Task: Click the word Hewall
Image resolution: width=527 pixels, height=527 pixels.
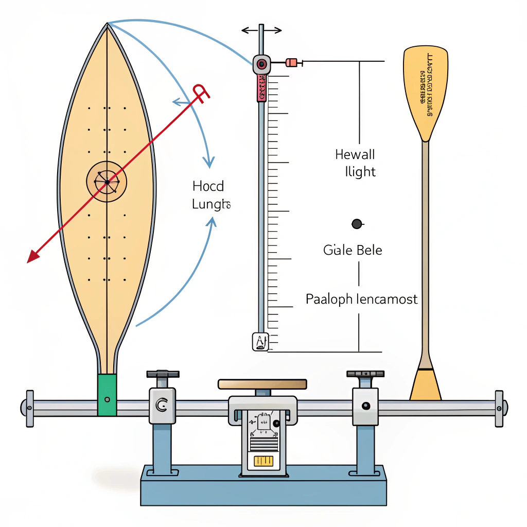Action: [355, 154]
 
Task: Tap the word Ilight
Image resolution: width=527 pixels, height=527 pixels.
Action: [360, 172]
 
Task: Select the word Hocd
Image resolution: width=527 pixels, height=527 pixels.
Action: [208, 186]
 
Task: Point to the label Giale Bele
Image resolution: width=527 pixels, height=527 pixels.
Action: [353, 251]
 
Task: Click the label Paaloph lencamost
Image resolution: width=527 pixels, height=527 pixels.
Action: [361, 299]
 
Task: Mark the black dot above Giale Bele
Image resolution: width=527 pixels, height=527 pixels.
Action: [356, 223]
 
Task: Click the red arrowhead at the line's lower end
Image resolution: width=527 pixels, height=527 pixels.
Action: [33, 256]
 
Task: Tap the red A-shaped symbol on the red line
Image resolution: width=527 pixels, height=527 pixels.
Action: [201, 94]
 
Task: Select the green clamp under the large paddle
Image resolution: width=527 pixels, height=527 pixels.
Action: [107, 395]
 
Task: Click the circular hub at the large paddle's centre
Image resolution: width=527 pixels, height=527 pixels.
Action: [107, 182]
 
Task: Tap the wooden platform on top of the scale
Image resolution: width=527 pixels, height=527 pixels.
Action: [262, 384]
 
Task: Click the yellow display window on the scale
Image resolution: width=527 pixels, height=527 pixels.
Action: [262, 460]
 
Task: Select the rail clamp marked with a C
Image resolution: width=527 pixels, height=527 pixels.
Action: [162, 406]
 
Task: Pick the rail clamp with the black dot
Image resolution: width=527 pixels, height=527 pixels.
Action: [365, 406]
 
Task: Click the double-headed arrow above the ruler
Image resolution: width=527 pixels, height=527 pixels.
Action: [261, 30]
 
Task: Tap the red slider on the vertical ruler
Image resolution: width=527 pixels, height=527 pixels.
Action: [261, 87]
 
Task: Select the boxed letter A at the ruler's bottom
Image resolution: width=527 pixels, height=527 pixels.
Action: [260, 342]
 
